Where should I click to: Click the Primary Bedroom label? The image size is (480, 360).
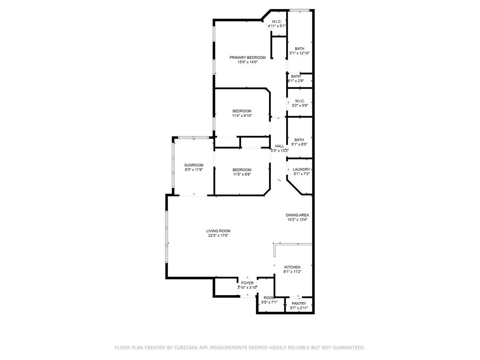[247, 57]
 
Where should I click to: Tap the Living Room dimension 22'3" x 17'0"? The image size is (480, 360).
[218, 236]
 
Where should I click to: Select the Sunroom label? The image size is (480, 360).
[193, 165]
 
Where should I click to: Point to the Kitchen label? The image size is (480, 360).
[292, 267]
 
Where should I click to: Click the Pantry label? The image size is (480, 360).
[299, 303]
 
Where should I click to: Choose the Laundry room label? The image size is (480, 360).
[301, 169]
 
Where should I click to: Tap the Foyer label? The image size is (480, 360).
[247, 283]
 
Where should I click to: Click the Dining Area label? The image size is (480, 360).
[297, 215]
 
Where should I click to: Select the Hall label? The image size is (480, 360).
[279, 146]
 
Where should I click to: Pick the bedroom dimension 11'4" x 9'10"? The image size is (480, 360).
[242, 116]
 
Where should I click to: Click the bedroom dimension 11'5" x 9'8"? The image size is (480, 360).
[242, 174]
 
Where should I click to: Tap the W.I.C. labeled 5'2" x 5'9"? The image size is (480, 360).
[300, 105]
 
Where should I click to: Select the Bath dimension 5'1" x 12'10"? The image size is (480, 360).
[299, 53]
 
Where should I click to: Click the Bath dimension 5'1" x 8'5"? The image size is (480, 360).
[299, 144]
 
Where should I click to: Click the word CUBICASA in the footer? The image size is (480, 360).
[185, 348]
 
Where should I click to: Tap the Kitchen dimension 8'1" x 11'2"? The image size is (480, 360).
[292, 272]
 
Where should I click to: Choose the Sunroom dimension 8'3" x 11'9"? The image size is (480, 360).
[193, 170]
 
